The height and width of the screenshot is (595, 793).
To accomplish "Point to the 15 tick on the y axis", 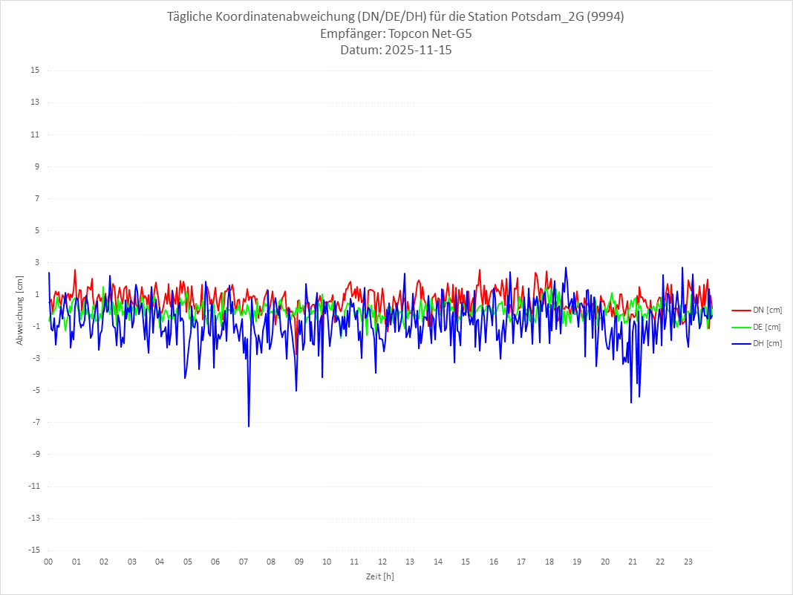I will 35,71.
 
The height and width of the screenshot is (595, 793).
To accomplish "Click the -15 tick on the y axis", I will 33,550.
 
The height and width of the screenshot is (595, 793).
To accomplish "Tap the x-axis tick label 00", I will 48,562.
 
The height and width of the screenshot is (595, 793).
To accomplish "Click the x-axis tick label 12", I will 382,562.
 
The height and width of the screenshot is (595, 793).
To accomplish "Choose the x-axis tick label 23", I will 688,562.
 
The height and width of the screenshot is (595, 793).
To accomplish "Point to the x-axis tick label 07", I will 244,562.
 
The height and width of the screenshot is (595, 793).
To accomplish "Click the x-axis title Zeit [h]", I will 379,576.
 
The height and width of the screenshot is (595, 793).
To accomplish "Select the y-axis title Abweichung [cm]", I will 20,310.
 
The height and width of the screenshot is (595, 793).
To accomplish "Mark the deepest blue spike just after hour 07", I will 249,426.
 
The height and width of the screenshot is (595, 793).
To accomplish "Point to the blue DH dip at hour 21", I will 631,402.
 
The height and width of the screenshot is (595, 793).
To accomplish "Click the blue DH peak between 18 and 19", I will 566,267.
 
